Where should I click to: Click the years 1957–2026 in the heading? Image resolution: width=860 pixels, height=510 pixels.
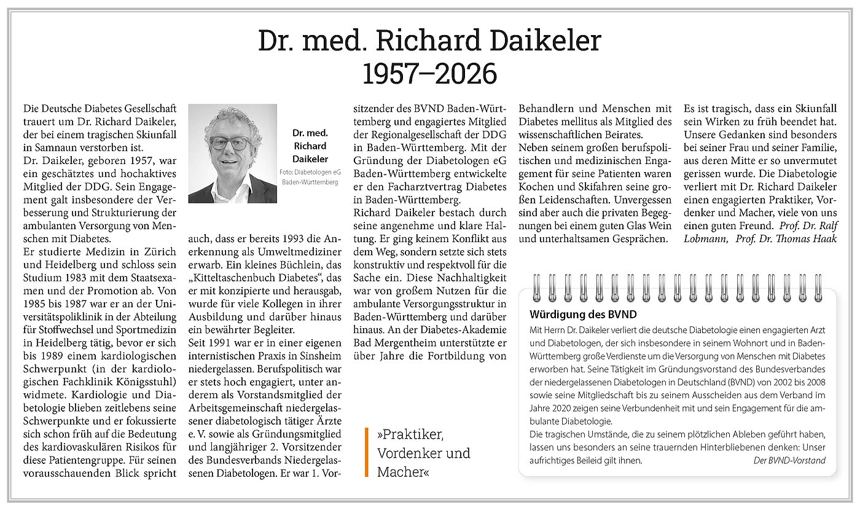[x=429, y=74]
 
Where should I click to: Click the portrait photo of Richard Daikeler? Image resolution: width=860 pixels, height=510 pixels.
[x=232, y=153]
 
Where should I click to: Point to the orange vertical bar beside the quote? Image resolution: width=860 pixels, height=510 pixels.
[x=366, y=452]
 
